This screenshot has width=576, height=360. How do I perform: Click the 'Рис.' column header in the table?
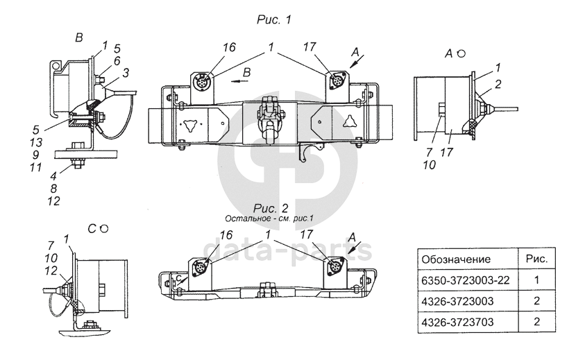point(535,259)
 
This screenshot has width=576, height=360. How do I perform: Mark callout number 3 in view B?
point(126,71)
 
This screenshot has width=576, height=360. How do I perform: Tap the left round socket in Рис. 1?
point(202,80)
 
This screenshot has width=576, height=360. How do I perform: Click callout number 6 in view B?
point(117,60)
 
